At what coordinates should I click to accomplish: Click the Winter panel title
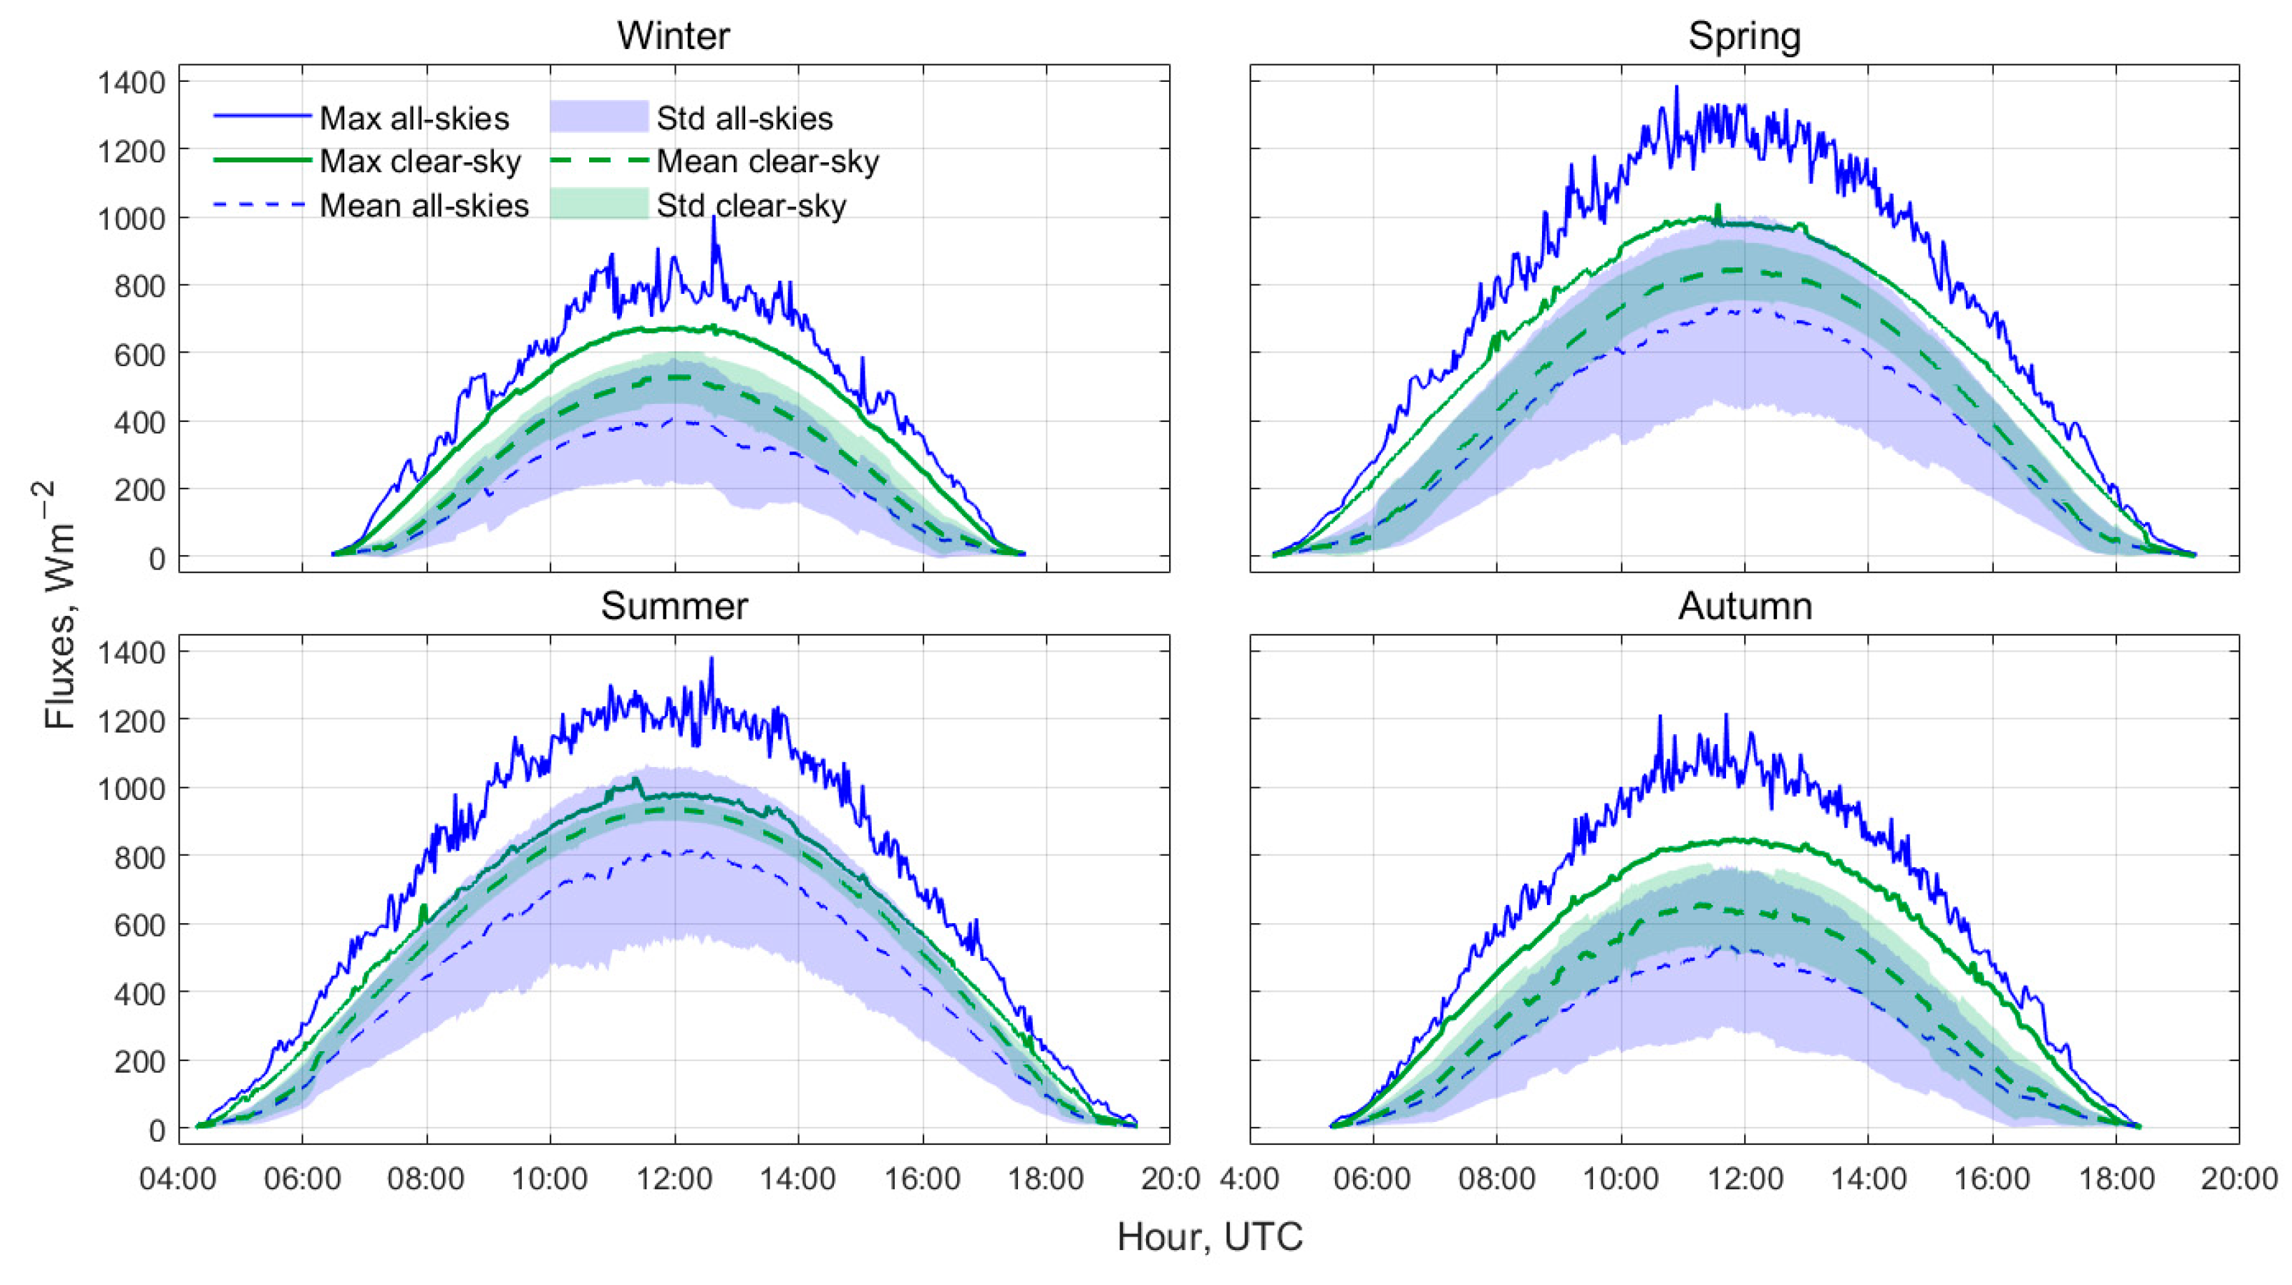(674, 36)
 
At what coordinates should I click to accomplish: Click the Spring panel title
(1744, 36)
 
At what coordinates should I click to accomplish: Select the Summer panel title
(674, 606)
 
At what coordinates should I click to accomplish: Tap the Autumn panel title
(1744, 606)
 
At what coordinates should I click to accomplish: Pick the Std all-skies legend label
(744, 118)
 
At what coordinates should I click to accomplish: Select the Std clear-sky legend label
(751, 206)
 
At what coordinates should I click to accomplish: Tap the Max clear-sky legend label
(420, 162)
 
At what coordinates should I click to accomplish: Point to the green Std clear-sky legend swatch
(599, 204)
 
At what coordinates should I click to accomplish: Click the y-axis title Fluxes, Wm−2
(60, 605)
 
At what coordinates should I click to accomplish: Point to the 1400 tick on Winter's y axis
(132, 83)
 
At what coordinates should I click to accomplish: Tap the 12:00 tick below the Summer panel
(674, 1179)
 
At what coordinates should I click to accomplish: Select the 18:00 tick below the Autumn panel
(2116, 1179)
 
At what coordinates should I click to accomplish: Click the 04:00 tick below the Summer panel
(178, 1179)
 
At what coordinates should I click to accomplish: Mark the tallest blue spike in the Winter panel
(714, 219)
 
